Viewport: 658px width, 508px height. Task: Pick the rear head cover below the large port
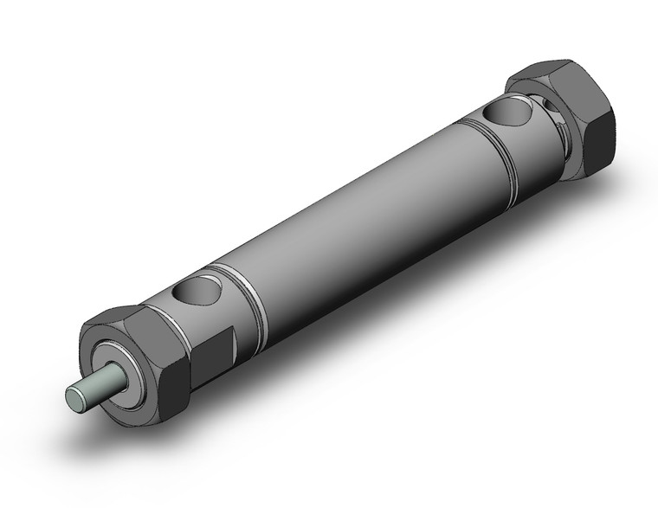519,151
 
